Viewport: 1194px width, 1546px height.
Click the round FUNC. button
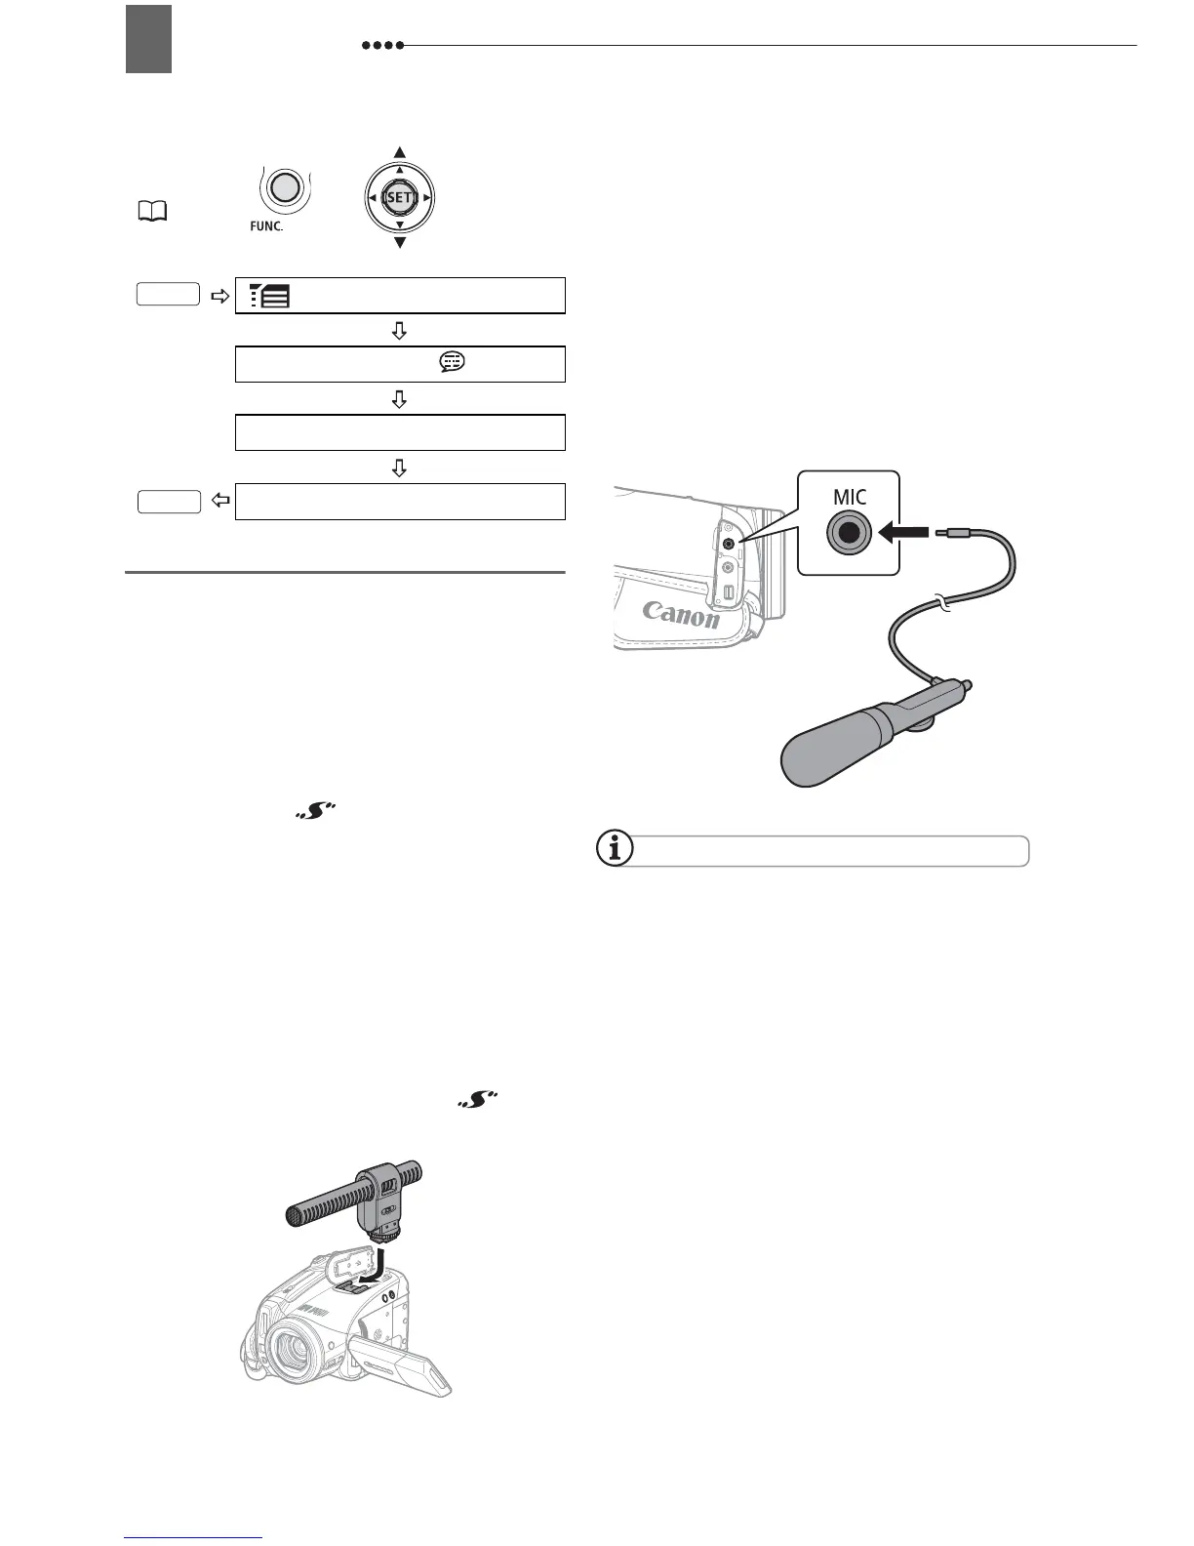pyautogui.click(x=283, y=187)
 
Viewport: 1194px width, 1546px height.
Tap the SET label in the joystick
pyautogui.click(x=399, y=197)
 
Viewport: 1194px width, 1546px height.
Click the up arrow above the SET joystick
pyautogui.click(x=399, y=152)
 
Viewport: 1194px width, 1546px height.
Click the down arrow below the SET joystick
pyautogui.click(x=399, y=242)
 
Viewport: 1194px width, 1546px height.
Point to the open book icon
pyautogui.click(x=154, y=209)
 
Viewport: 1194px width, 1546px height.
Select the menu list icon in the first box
pyautogui.click(x=270, y=295)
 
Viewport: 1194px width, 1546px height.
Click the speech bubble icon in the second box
pyautogui.click(x=453, y=362)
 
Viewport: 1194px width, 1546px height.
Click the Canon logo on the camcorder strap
pyautogui.click(x=681, y=614)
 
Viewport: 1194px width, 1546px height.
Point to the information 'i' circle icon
pyautogui.click(x=614, y=849)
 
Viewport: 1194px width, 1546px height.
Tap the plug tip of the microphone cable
pyautogui.click(x=942, y=533)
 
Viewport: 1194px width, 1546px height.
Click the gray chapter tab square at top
pyautogui.click(x=148, y=39)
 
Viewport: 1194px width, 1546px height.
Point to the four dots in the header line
pyautogui.click(x=381, y=46)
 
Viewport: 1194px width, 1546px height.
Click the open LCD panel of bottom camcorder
pyautogui.click(x=402, y=1361)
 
